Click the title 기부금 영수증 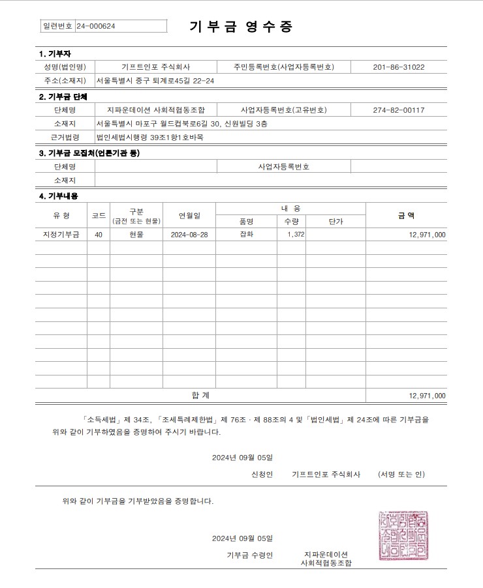pyautogui.click(x=241, y=27)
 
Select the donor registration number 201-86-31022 pyautogui.click(x=399, y=67)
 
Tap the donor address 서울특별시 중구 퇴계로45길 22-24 pyautogui.click(x=155, y=81)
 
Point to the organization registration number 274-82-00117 pyautogui.click(x=399, y=110)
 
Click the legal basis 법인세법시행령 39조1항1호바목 pyautogui.click(x=149, y=137)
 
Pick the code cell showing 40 pyautogui.click(x=99, y=235)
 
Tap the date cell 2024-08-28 pyautogui.click(x=189, y=235)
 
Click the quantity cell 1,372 pyautogui.click(x=296, y=235)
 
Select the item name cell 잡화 pyautogui.click(x=247, y=235)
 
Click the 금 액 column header pyautogui.click(x=406, y=215)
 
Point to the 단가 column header pyautogui.click(x=335, y=222)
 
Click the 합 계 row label pyautogui.click(x=200, y=395)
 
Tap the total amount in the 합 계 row pyautogui.click(x=427, y=396)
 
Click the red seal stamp pyautogui.click(x=403, y=536)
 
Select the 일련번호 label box pyautogui.click(x=57, y=26)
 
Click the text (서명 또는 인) pyautogui.click(x=401, y=475)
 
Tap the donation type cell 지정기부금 pyautogui.click(x=56, y=235)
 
